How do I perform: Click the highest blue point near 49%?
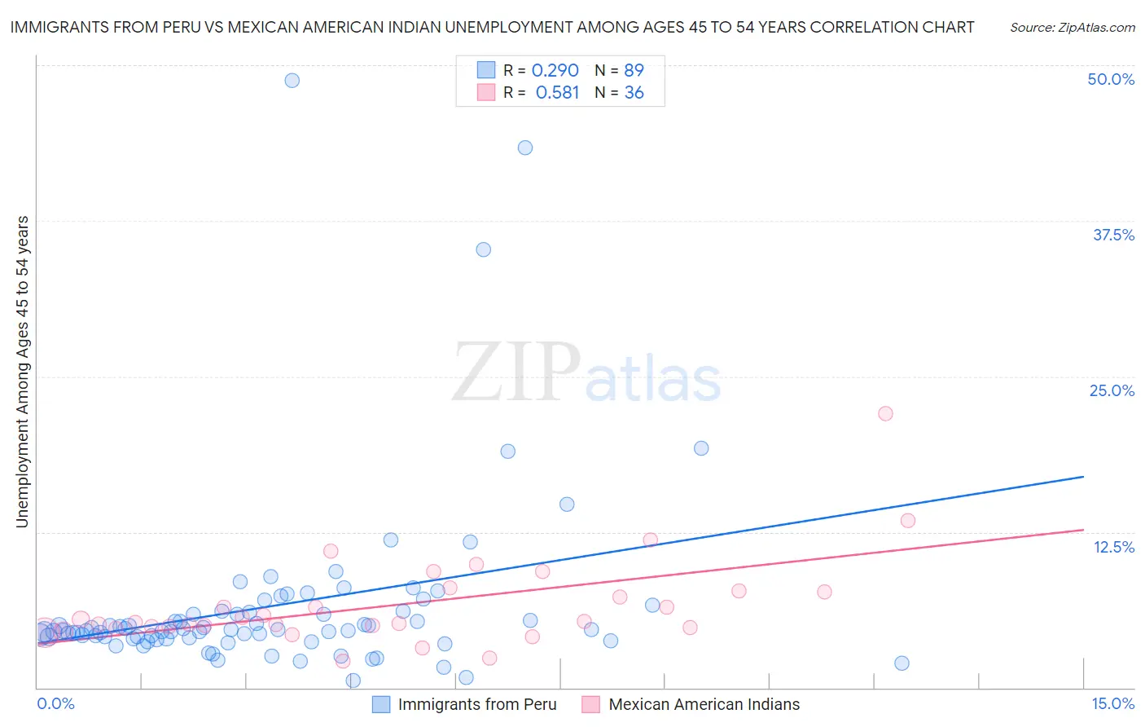point(292,80)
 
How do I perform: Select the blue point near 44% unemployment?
point(525,148)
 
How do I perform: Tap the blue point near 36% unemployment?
point(484,249)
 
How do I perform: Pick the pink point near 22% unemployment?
point(885,413)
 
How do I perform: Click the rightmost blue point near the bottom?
point(902,663)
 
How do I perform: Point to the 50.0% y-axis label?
point(1111,79)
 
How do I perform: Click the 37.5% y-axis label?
point(1113,235)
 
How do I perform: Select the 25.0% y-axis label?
point(1112,390)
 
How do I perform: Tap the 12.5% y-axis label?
point(1113,547)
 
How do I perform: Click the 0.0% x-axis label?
point(55,703)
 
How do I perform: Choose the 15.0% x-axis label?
point(1112,703)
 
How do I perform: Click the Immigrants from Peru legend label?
point(477,704)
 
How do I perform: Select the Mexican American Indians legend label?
point(704,704)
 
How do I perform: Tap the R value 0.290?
point(555,70)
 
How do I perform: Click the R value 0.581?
point(557,93)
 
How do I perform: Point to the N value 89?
point(634,70)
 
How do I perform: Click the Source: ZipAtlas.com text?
point(1072,27)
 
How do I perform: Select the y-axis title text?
point(22,372)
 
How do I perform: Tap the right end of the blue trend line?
point(1083,476)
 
